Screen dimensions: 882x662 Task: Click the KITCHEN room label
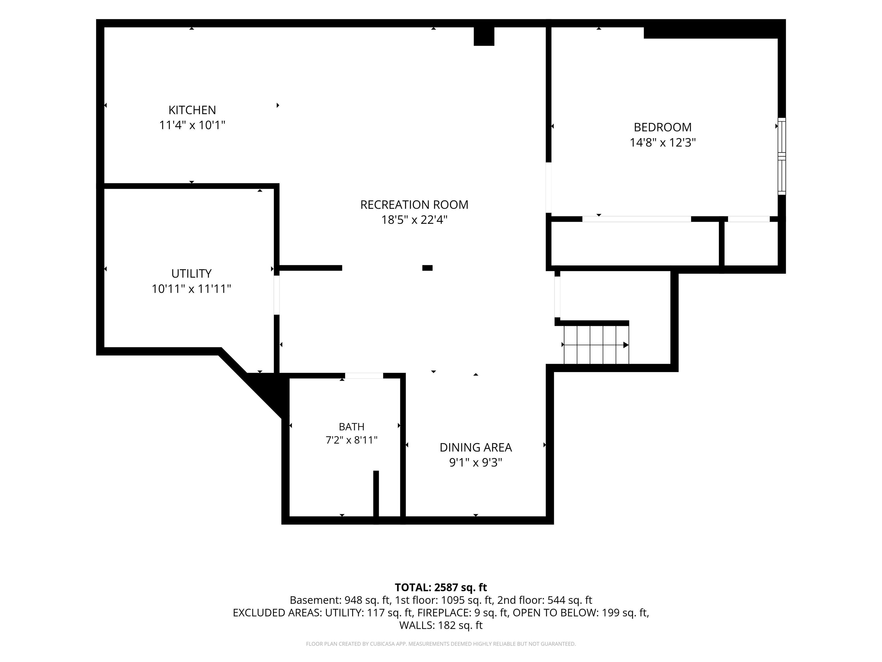click(192, 110)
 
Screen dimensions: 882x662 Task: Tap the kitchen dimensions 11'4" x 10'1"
click(192, 125)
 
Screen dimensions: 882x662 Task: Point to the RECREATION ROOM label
click(414, 205)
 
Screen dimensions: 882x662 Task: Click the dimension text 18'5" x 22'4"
click(414, 220)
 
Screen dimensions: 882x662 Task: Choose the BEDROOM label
click(663, 127)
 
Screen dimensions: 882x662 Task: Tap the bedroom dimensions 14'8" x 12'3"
click(663, 143)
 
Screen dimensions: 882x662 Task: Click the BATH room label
click(352, 427)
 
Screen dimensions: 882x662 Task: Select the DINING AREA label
click(476, 447)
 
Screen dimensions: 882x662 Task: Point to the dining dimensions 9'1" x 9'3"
click(476, 463)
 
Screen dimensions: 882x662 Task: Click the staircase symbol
click(596, 345)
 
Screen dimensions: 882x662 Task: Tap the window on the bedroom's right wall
click(782, 156)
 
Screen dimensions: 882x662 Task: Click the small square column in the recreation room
click(428, 268)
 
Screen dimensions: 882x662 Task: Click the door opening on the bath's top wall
click(364, 376)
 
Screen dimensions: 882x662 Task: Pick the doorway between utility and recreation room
click(277, 295)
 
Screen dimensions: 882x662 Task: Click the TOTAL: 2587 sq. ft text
click(441, 587)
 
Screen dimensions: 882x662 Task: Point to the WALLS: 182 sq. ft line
click(441, 625)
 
